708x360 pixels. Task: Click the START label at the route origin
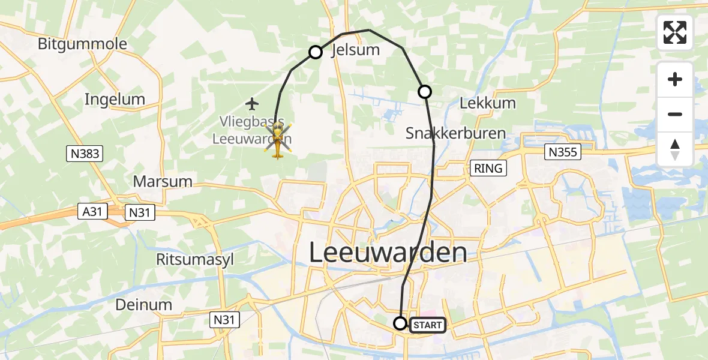428,325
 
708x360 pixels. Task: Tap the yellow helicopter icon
277,143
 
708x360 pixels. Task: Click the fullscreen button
675,32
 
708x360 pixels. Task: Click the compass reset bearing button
675,149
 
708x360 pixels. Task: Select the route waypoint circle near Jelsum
316,52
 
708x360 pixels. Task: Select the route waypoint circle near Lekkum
425,92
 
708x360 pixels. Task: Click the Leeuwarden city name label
388,253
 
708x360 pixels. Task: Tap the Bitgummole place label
82,44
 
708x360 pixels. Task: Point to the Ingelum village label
115,99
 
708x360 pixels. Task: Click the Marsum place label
163,181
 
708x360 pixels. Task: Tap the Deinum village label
144,304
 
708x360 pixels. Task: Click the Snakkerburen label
455,133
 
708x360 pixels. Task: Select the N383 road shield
84,154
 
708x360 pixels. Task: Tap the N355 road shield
563,152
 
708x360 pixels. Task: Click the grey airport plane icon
252,104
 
